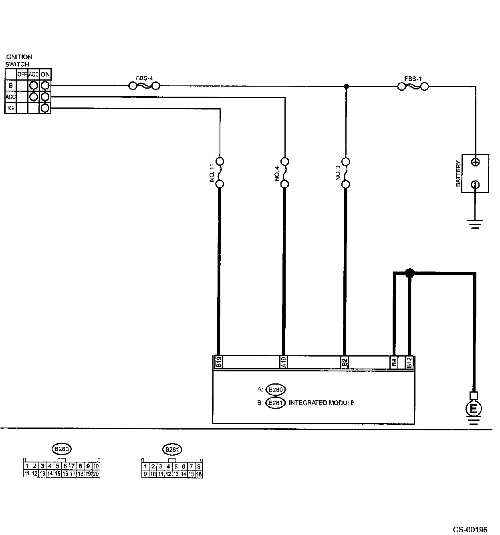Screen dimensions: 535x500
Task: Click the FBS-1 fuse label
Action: [412, 79]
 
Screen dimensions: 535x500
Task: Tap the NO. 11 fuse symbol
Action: [220, 173]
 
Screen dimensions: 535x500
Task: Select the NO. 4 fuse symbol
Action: [285, 173]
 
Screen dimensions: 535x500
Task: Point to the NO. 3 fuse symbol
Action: [346, 173]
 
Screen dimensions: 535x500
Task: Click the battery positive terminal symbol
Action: [475, 162]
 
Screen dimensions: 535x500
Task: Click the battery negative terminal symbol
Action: [475, 184]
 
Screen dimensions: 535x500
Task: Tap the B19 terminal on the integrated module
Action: [219, 362]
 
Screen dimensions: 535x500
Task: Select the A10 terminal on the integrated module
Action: [283, 362]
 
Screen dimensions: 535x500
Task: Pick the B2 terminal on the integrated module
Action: [344, 362]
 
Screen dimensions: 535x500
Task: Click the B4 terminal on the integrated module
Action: [394, 362]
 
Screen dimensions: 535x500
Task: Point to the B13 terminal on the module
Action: [409, 362]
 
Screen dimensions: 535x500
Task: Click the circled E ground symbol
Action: [474, 409]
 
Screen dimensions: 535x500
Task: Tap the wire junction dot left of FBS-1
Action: [346, 86]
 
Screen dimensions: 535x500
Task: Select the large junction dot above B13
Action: [409, 273]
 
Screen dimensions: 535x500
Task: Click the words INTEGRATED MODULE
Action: [321, 403]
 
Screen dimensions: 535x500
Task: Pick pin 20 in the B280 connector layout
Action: [96, 474]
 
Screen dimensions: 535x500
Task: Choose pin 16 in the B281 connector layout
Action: [199, 474]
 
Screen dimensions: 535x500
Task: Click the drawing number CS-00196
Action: [470, 530]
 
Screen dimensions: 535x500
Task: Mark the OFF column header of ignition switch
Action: [22, 74]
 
